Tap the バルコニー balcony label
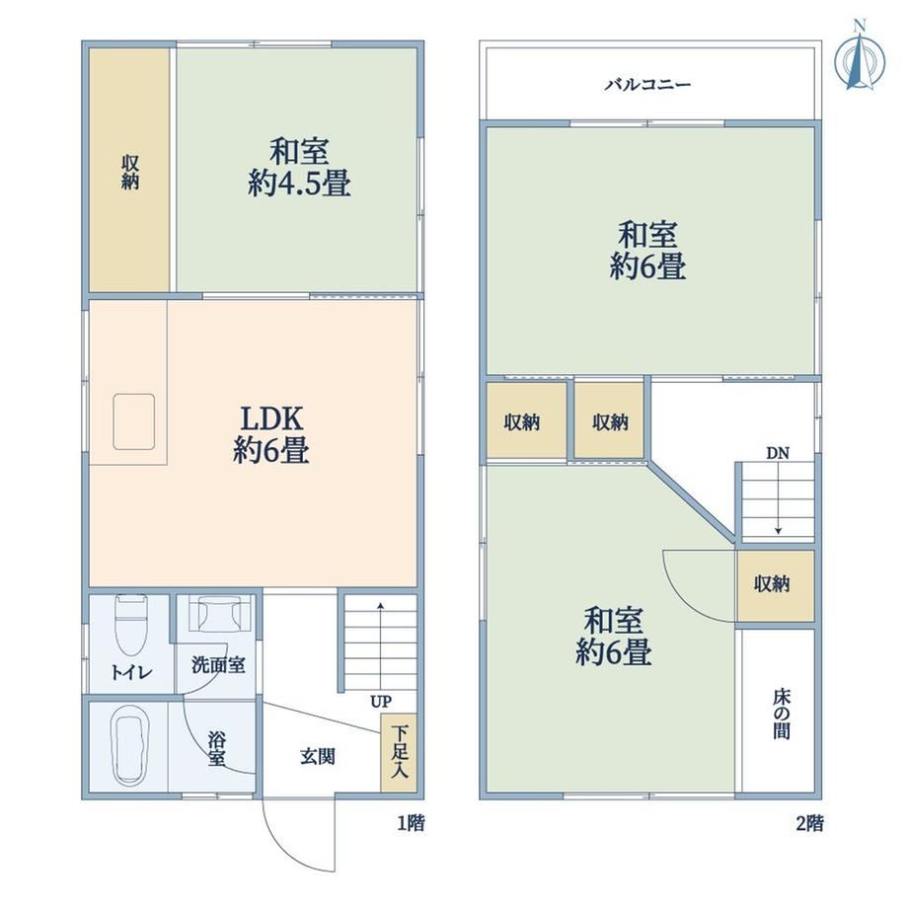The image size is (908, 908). (x=648, y=85)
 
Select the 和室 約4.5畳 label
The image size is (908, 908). (x=299, y=168)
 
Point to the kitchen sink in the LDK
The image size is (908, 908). (x=134, y=421)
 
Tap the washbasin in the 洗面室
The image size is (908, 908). (x=218, y=614)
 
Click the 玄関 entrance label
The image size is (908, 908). (x=318, y=756)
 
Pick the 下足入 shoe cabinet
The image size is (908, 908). (x=399, y=752)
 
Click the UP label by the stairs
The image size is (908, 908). (x=381, y=702)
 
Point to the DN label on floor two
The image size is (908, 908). (x=778, y=453)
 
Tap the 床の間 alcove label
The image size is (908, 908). (x=782, y=714)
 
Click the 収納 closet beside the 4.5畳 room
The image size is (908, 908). (x=129, y=170)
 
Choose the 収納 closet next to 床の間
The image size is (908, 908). (x=776, y=586)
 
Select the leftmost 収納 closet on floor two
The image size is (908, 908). (x=526, y=420)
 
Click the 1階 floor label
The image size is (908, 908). (x=411, y=823)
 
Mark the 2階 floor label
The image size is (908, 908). (x=809, y=823)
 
